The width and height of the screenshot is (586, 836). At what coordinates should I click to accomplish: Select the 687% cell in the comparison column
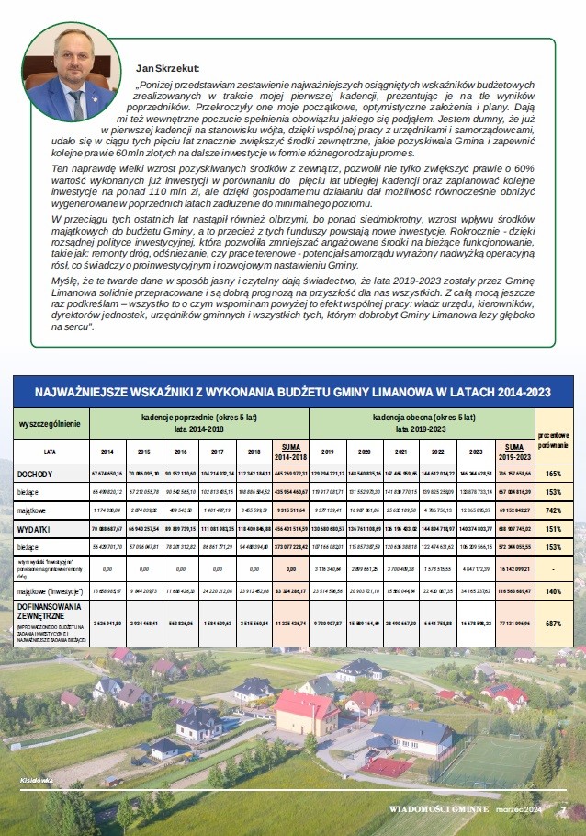(554, 623)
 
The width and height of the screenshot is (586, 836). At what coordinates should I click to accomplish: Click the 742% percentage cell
(554, 509)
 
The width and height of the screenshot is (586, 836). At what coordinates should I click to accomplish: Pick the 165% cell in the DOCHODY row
(554, 475)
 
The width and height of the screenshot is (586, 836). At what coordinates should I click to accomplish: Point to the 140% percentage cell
(554, 592)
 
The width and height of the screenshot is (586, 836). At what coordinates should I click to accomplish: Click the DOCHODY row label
(35, 475)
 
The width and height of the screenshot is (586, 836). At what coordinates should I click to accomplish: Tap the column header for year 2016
(179, 452)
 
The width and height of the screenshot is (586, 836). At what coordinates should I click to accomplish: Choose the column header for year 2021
(400, 452)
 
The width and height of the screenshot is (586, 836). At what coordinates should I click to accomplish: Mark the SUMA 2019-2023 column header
(511, 452)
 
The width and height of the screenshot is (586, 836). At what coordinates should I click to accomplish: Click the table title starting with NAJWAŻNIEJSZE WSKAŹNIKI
(292, 392)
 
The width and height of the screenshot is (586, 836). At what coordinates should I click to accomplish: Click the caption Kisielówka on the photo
(35, 780)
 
